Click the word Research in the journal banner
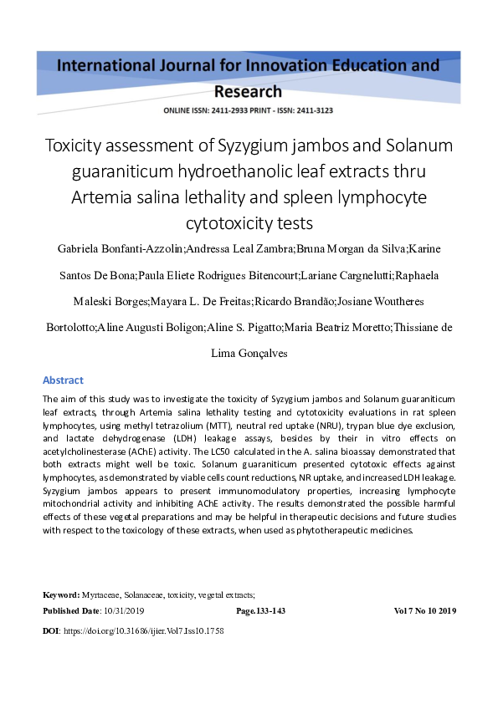(248, 91)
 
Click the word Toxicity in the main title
(77, 146)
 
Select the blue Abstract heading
(63, 380)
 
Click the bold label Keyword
(61, 594)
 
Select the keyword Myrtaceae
(100, 594)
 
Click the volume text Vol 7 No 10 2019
(424, 611)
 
